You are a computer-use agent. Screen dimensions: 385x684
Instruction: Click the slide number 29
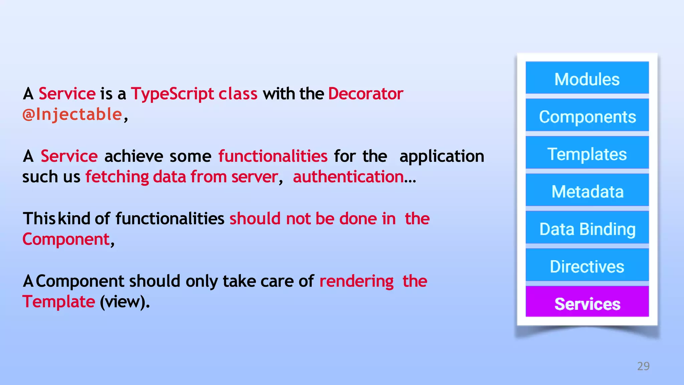pyautogui.click(x=643, y=366)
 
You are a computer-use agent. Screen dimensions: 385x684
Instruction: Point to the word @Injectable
pyautogui.click(x=72, y=114)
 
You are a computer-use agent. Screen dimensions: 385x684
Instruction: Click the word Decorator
pyautogui.click(x=365, y=94)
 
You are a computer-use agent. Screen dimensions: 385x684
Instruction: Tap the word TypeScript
pyautogui.click(x=172, y=94)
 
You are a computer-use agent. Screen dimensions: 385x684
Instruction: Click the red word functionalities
pyautogui.click(x=273, y=156)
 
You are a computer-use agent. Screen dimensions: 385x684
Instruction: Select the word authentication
pyautogui.click(x=348, y=176)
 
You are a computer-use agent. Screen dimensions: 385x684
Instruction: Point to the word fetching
pyautogui.click(x=117, y=176)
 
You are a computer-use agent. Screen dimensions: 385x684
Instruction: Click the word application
pyautogui.click(x=442, y=156)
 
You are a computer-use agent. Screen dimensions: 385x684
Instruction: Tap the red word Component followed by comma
pyautogui.click(x=66, y=239)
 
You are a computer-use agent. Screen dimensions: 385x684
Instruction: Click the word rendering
pyautogui.click(x=356, y=281)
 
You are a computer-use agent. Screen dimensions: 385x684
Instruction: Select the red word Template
pyautogui.click(x=59, y=301)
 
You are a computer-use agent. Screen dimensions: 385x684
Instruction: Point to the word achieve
pyautogui.click(x=134, y=156)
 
